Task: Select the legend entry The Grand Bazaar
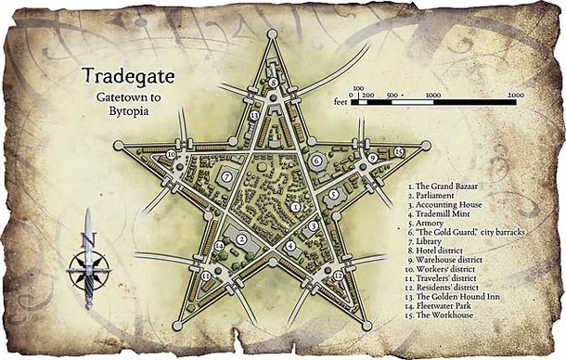coord(446,186)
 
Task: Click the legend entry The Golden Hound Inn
coord(455,297)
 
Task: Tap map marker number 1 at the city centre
coord(294,207)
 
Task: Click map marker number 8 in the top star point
coord(274,83)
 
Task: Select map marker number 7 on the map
coord(226,176)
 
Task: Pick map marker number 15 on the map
coord(397,151)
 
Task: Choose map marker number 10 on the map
coord(173,155)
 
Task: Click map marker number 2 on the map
coord(241,239)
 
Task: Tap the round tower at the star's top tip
coord(273,36)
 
